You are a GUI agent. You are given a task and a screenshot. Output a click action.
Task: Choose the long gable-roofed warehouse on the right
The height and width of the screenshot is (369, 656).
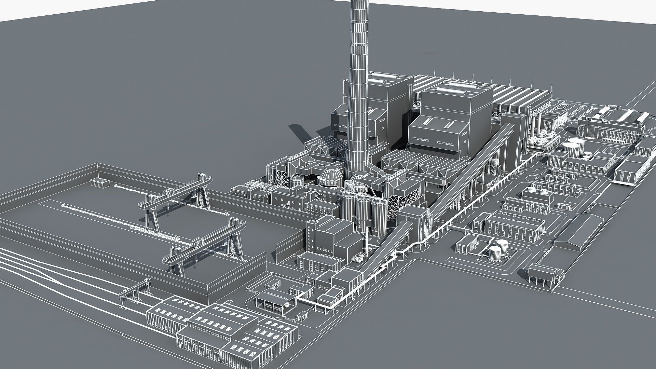click(x=581, y=232)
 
